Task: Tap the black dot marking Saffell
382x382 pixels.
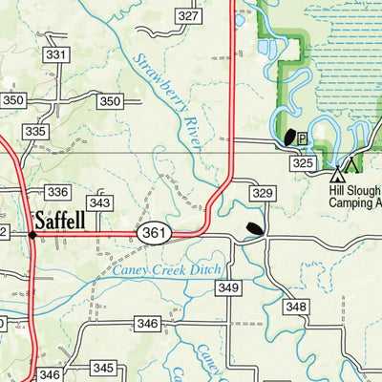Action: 32,233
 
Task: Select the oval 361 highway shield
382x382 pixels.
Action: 154,233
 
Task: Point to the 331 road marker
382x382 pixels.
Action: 56,55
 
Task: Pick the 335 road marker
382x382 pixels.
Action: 35,131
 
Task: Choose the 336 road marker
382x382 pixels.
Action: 57,192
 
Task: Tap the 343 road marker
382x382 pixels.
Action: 99,202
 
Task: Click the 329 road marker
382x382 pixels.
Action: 264,194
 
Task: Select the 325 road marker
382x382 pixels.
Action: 304,164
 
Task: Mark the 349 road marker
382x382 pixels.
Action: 227,287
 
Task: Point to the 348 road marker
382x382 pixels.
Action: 296,307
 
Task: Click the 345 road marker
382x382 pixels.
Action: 103,369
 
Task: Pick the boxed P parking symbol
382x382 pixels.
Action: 302,138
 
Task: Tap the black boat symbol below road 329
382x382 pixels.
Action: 254,228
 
